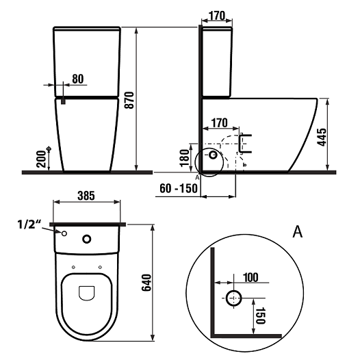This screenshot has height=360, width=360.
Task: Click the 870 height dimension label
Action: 130,100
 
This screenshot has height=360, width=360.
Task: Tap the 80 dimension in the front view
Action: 78,79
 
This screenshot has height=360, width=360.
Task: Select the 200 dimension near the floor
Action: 41,159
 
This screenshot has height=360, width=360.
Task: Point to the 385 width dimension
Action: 86,196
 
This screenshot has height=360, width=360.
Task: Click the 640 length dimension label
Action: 146,283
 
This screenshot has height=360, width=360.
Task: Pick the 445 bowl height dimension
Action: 322,137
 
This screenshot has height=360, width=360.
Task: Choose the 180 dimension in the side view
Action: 184,158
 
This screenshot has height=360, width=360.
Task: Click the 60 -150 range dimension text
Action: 179,188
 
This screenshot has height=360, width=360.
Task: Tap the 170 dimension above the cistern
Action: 217,16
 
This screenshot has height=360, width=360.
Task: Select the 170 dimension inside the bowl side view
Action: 220,123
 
